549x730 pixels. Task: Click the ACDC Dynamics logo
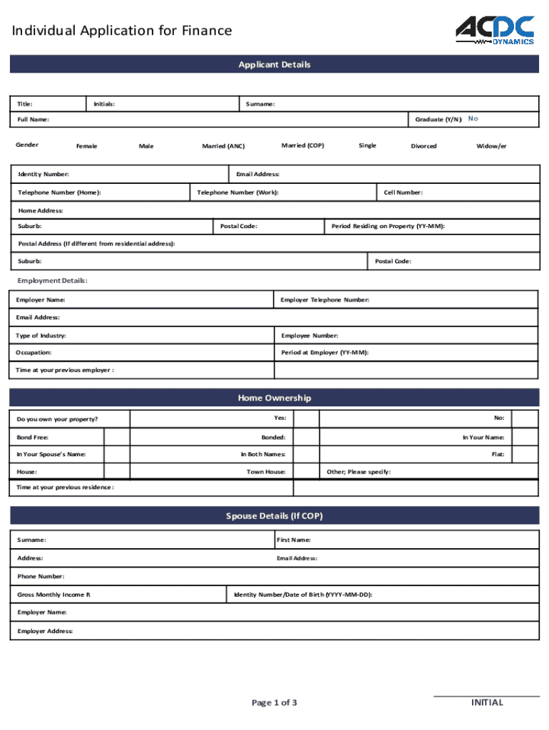pos(495,31)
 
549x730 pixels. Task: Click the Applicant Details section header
pos(274,64)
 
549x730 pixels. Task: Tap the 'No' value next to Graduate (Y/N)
pos(473,118)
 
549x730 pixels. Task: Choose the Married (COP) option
pos(302,145)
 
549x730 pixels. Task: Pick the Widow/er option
pos(491,146)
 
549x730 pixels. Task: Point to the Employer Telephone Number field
pos(449,300)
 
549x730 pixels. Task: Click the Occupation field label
pos(34,353)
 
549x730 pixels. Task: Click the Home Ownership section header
pos(274,398)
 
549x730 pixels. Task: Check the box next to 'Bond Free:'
pos(117,437)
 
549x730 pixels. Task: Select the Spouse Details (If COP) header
pos(274,515)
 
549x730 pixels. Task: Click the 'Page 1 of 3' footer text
pos(274,703)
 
